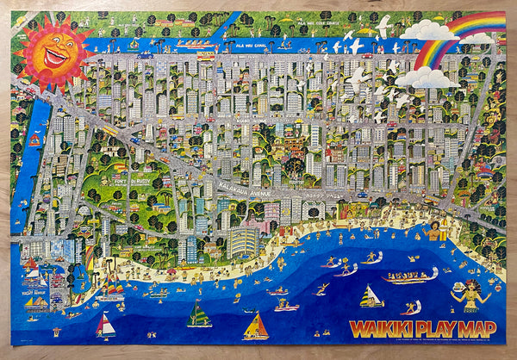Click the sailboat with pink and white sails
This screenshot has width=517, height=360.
104,326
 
